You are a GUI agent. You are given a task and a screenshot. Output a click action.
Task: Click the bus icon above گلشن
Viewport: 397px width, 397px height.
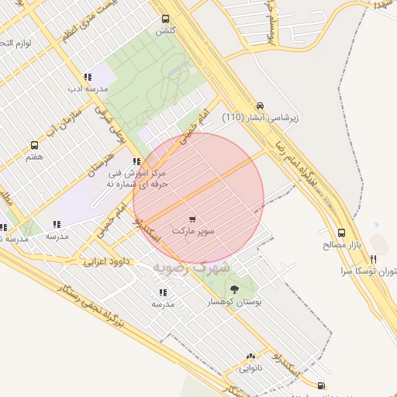pyautogui.click(x=164, y=19)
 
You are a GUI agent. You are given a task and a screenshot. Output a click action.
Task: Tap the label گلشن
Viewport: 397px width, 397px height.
pyautogui.click(x=165, y=31)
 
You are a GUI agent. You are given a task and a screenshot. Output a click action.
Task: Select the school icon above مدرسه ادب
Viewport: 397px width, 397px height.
pyautogui.click(x=87, y=77)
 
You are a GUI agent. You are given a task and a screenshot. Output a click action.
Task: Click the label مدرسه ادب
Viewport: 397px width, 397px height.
pyautogui.click(x=88, y=89)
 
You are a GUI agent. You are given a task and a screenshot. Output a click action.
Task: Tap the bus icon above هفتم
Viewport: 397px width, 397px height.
pyautogui.click(x=34, y=145)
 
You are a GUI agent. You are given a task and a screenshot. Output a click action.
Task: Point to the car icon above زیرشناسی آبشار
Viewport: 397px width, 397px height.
pyautogui.click(x=260, y=105)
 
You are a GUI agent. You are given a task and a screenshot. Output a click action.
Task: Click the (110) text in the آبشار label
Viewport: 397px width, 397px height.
pyautogui.click(x=236, y=118)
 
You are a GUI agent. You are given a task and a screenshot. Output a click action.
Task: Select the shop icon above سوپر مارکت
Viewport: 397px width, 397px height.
pyautogui.click(x=192, y=219)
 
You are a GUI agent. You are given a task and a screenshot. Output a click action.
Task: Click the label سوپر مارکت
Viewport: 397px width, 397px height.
pyautogui.click(x=193, y=231)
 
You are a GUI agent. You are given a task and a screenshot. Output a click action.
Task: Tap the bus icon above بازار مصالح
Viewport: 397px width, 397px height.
pyautogui.click(x=341, y=232)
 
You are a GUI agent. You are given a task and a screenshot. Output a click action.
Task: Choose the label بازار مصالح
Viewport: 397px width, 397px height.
pyautogui.click(x=342, y=244)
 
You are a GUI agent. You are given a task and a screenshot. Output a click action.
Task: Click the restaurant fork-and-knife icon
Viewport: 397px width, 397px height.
pyautogui.click(x=373, y=259)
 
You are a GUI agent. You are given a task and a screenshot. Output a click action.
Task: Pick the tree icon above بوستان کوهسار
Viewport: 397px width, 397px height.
pyautogui.click(x=235, y=288)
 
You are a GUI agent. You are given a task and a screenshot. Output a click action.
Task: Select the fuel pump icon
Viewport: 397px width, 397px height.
pyautogui.click(x=320, y=385)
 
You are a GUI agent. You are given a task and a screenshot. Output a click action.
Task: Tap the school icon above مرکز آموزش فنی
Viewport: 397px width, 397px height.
pyautogui.click(x=136, y=161)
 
